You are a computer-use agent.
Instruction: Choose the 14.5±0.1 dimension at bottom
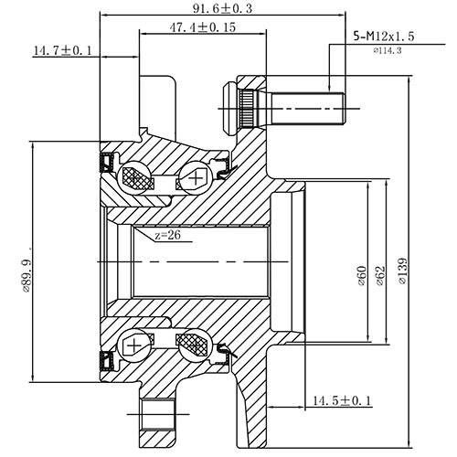pyautogui.click(x=341, y=400)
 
